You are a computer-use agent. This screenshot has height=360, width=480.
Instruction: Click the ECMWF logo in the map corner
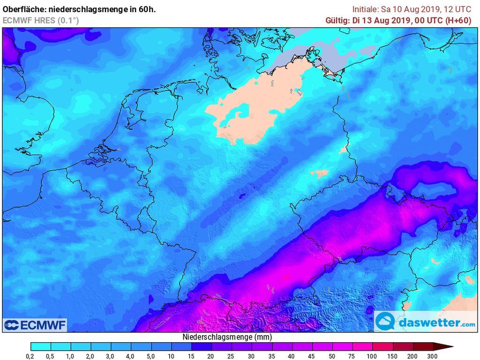pyautogui.click(x=35, y=325)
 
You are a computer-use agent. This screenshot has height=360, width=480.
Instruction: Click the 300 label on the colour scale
pyautogui.click(x=433, y=356)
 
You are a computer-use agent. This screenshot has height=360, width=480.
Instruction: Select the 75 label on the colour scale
pyautogui.click(x=352, y=356)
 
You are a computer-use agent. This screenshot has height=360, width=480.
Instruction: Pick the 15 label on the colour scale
pyautogui.click(x=191, y=356)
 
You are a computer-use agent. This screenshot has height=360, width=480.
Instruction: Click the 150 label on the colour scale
pyautogui.click(x=392, y=356)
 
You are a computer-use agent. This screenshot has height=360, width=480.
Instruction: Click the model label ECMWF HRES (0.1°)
pyautogui.click(x=40, y=20)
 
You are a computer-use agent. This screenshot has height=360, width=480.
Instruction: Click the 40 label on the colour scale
pyautogui.click(x=292, y=356)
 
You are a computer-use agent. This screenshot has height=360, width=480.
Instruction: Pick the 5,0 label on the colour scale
pyautogui.click(x=151, y=356)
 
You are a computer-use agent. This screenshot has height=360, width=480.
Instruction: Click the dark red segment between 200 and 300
pyautogui.click(x=422, y=347)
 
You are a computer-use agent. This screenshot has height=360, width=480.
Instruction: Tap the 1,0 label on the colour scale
pyautogui.click(x=71, y=356)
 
